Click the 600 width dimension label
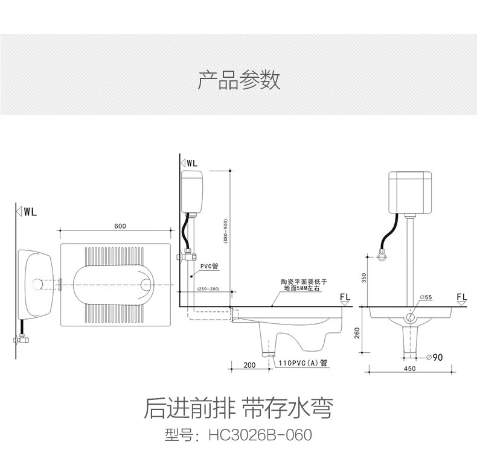point(120,226)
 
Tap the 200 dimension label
point(249,365)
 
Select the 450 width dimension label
point(409,369)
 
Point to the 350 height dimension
point(364,277)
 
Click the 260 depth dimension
point(357,333)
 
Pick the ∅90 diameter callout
point(434,357)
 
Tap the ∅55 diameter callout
point(426,297)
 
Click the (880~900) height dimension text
point(225,231)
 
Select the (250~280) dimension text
point(208,288)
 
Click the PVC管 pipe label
point(210,266)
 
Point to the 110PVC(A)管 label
point(303,363)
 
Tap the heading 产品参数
point(239,80)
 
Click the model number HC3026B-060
point(260,435)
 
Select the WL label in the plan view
point(30,212)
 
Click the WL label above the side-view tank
point(191,163)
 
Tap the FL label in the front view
point(461,297)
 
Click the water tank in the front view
point(410,192)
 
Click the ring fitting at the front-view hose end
point(382,257)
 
